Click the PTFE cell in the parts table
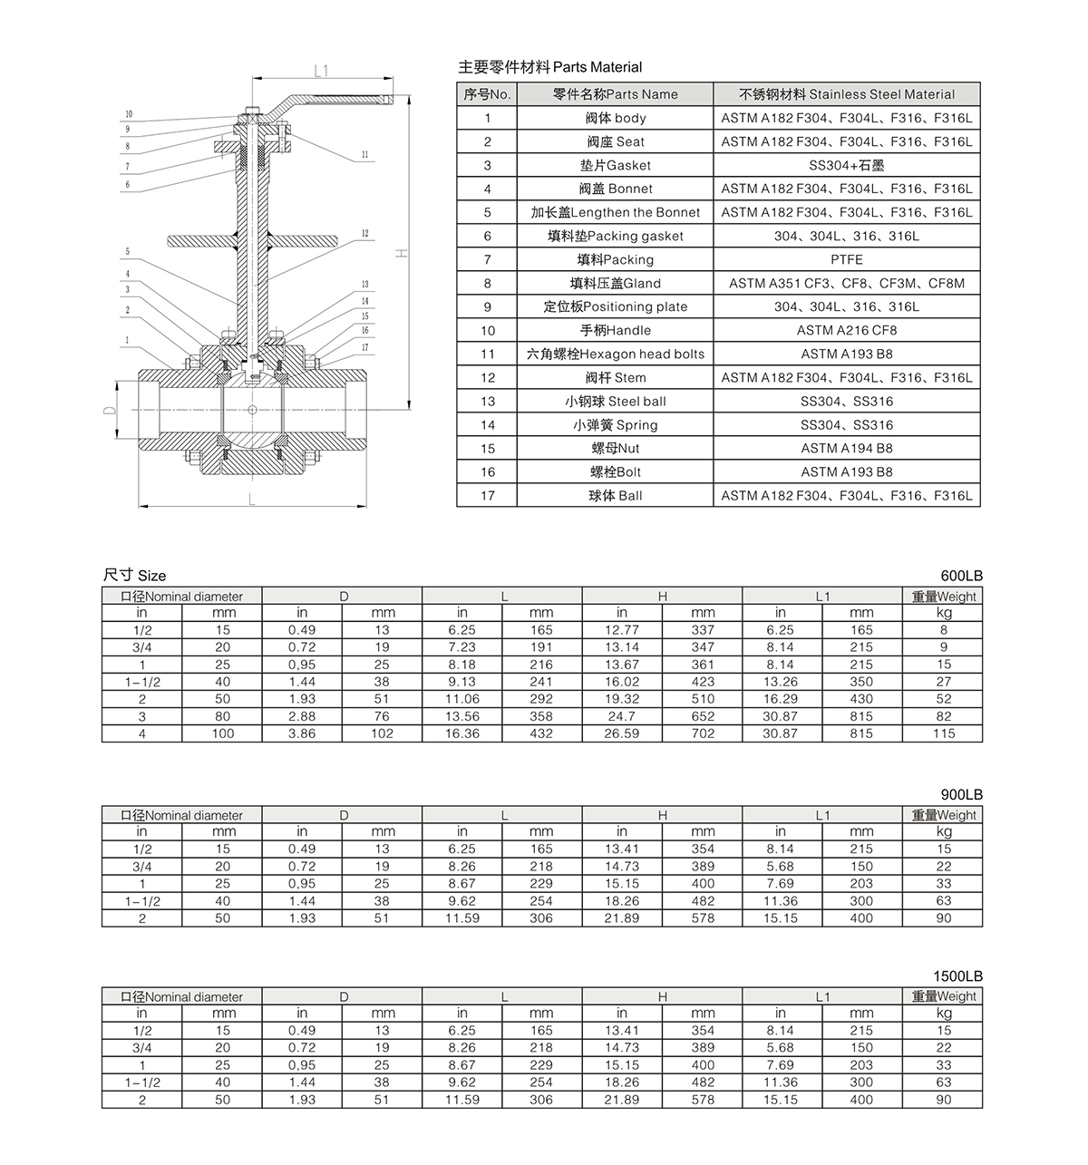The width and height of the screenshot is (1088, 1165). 846,259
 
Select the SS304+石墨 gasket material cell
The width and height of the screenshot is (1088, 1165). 846,165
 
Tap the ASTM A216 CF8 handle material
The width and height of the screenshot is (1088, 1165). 846,330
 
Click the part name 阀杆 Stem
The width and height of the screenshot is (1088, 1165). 615,377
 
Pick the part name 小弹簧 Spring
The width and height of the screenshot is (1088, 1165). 615,424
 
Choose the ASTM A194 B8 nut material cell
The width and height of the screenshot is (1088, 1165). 846,448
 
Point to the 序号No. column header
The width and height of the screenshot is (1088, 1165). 487,94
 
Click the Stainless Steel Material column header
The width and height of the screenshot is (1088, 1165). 846,94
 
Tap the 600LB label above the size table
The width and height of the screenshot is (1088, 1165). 961,576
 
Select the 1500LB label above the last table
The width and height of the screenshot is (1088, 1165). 957,976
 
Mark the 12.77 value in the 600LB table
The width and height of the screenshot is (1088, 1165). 621,630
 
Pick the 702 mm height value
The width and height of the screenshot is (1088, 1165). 702,733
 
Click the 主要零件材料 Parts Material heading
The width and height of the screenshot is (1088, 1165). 549,67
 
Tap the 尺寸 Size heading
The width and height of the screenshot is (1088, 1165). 134,576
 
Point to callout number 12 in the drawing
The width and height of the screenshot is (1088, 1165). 364,234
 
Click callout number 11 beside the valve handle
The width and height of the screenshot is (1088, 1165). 364,155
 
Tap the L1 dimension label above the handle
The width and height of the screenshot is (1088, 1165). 321,71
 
